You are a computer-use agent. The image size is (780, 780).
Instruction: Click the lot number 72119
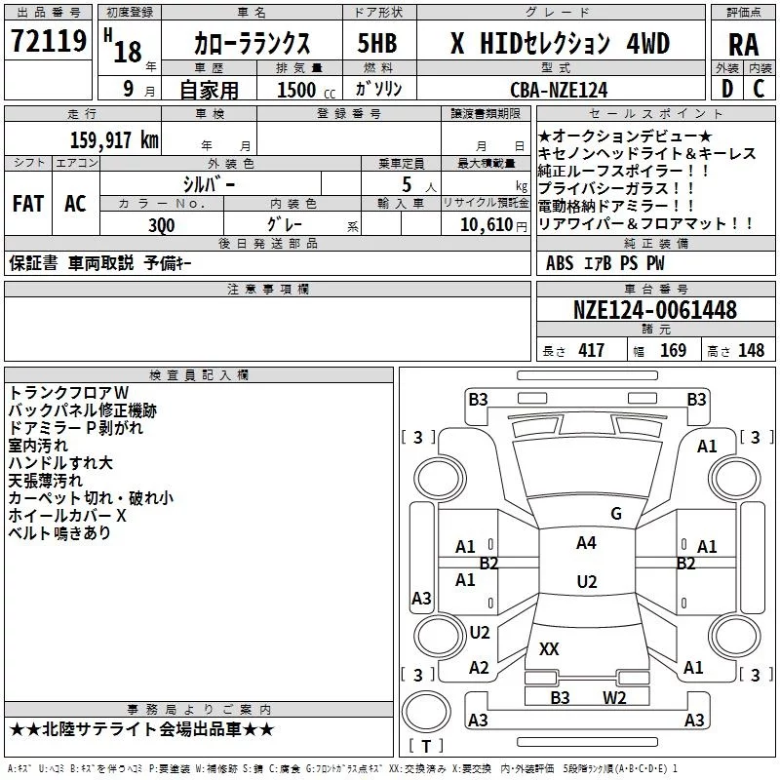49,42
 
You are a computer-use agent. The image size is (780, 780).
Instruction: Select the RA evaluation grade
743,45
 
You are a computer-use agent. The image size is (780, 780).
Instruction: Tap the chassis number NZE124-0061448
654,311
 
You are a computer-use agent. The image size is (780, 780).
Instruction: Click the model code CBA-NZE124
559,90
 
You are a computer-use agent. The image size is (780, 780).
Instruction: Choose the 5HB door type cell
376,44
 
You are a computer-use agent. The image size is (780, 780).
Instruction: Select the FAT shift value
28,204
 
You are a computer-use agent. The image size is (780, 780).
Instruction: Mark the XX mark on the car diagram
549,648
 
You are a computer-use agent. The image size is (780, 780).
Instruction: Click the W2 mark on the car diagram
614,697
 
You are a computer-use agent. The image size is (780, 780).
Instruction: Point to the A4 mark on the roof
586,543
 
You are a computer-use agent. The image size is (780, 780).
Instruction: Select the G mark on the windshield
615,514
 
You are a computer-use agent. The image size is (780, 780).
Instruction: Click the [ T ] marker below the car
426,747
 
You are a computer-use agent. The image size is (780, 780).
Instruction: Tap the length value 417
591,351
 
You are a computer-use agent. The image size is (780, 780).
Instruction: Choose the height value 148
751,351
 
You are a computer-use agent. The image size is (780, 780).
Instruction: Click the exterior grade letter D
726,90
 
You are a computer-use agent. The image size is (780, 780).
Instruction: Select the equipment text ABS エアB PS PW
606,262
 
